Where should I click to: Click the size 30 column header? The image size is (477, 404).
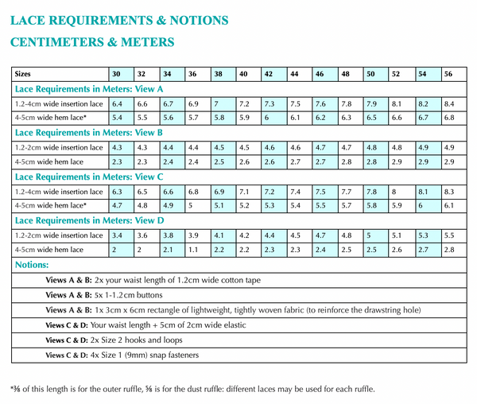point(116,74)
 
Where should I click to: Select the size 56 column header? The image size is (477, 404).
point(448,74)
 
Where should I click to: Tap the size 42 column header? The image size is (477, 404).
point(269,74)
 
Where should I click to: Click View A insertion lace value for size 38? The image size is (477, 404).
point(216,103)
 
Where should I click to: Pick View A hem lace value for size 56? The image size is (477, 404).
point(449,118)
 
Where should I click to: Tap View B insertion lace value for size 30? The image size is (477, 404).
point(118,147)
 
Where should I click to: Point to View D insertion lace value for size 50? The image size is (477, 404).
point(369,235)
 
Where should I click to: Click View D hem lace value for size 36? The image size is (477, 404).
point(193,250)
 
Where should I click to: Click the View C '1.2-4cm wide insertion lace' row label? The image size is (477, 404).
point(58,192)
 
